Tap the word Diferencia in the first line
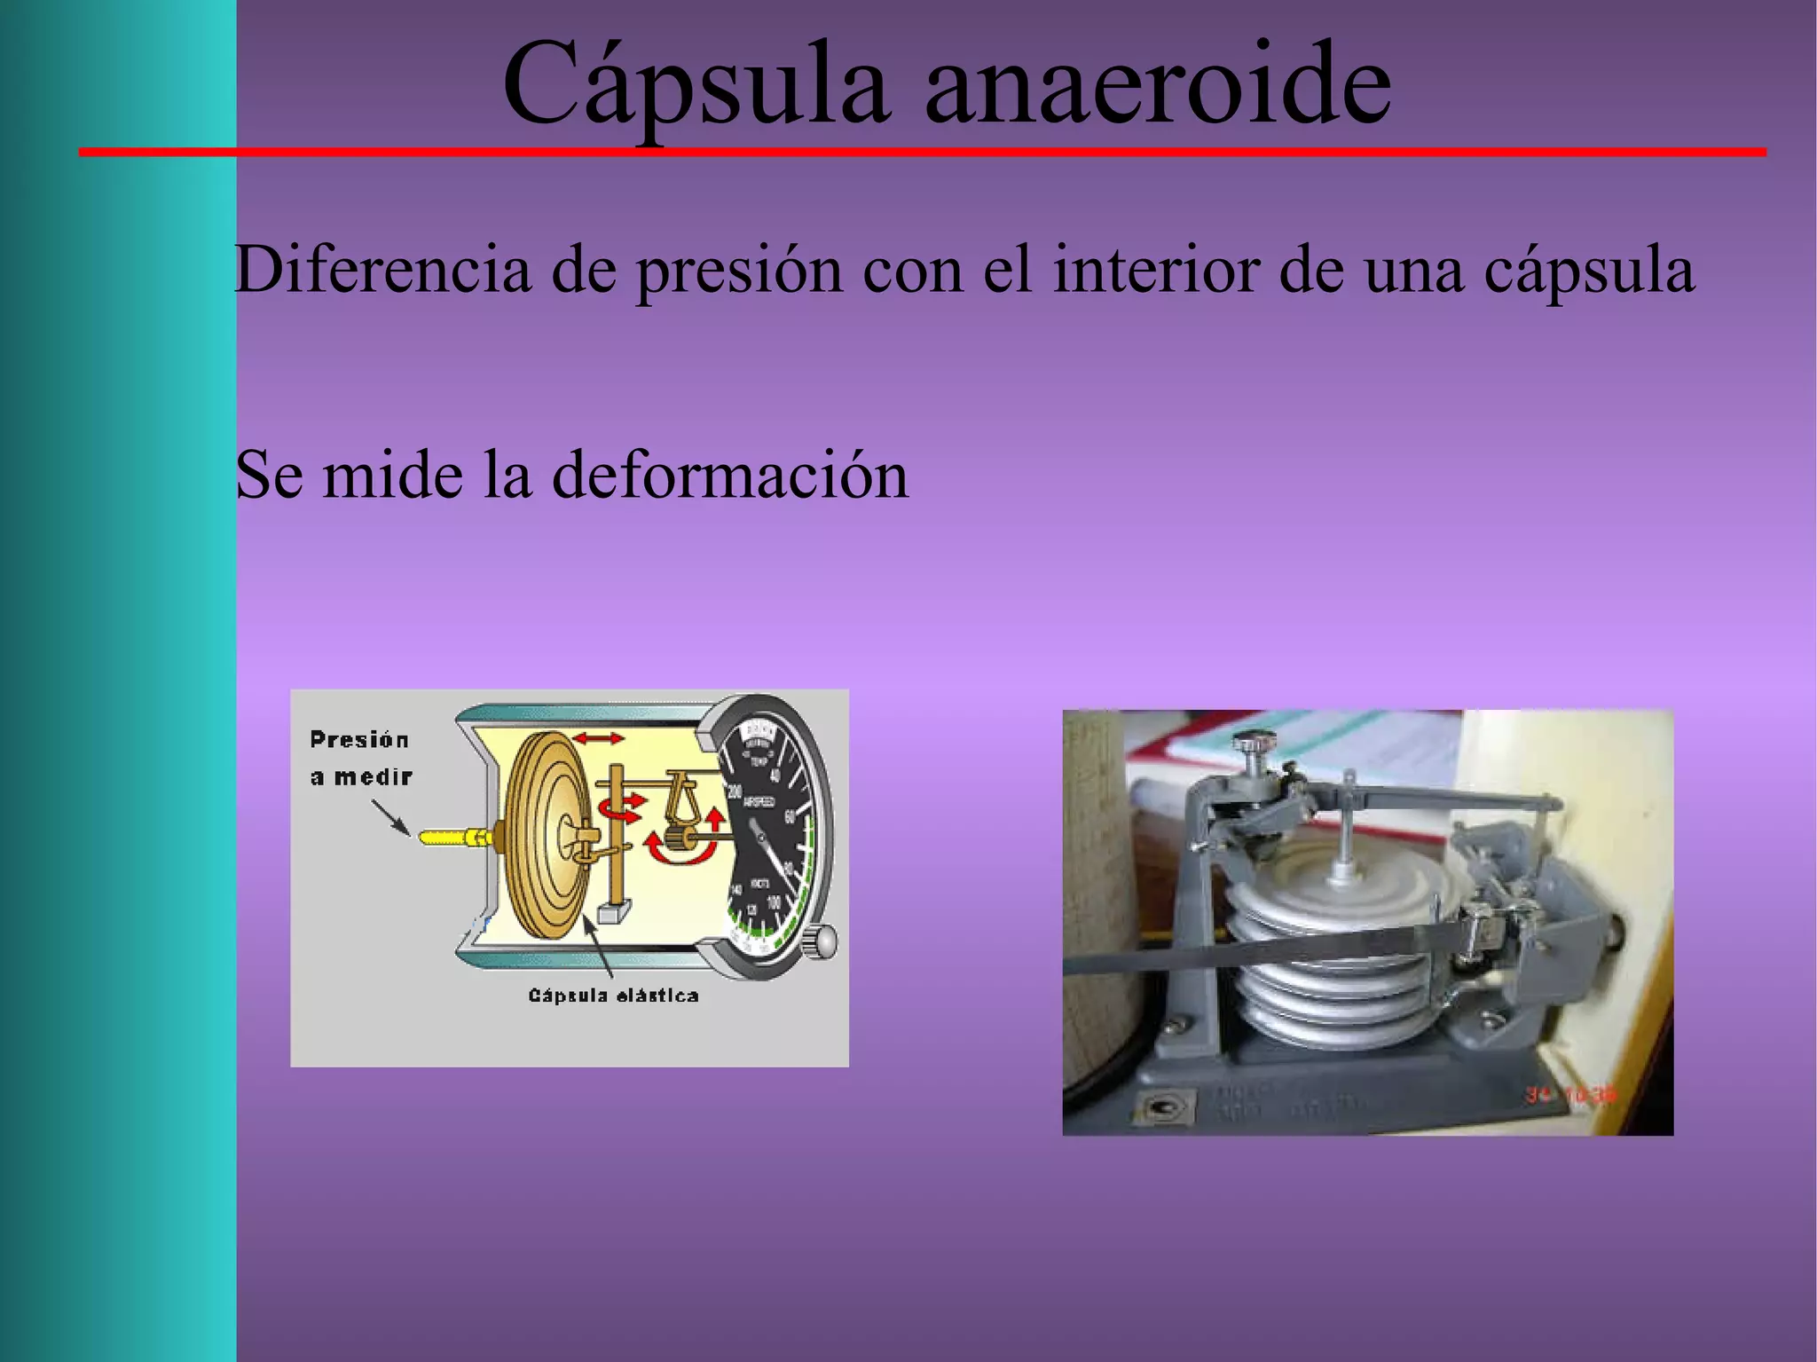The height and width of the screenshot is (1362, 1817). tap(382, 269)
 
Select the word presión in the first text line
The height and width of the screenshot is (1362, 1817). tap(739, 269)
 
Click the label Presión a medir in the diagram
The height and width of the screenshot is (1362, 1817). tap(360, 758)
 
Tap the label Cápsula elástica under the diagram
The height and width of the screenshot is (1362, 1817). tap(613, 996)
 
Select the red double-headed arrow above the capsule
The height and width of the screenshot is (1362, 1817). tap(598, 738)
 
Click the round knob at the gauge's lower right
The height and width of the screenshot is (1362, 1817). tap(821, 941)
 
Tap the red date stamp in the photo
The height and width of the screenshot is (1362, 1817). tap(1571, 1095)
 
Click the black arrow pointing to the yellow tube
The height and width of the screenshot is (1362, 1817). tap(390, 817)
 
